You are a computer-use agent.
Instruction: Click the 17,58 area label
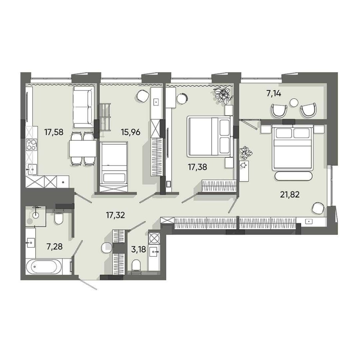click(x=54, y=132)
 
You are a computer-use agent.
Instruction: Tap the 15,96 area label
click(x=131, y=132)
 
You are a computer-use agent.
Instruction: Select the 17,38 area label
click(x=197, y=167)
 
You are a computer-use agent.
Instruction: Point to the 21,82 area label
click(x=290, y=195)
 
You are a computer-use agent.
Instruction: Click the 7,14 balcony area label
click(x=274, y=94)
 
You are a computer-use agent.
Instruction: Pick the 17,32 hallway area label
click(x=115, y=215)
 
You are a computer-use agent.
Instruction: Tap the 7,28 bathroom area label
click(x=54, y=247)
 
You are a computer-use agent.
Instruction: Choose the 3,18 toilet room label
click(x=139, y=249)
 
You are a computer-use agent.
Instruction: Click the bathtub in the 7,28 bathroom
click(x=44, y=267)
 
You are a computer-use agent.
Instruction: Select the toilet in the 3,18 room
click(x=136, y=266)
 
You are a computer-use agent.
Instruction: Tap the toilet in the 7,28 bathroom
click(x=58, y=217)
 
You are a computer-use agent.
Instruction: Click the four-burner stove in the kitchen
click(x=31, y=145)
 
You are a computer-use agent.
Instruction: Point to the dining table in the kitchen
click(x=83, y=149)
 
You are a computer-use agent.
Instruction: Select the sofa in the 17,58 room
click(x=83, y=107)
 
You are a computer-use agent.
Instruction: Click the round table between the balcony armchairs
click(x=294, y=102)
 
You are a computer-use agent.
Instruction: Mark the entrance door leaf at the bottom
click(x=88, y=284)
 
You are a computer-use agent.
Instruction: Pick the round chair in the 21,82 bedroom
click(x=318, y=208)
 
